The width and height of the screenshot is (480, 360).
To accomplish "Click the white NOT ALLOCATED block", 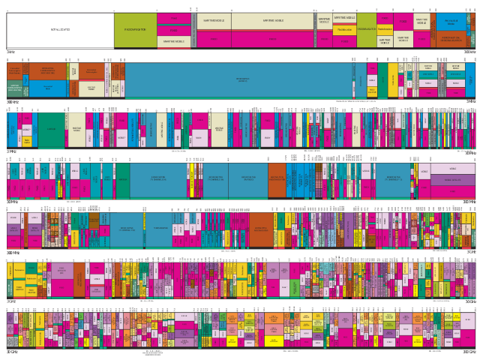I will click(x=60, y=30).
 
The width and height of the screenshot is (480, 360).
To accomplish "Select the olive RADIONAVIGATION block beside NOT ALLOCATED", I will click(x=135, y=30).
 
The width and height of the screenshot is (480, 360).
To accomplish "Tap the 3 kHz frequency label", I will click(x=10, y=52).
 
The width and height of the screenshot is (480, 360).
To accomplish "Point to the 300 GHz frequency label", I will click(x=469, y=351).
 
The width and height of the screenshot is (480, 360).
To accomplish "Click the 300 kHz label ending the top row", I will click(x=469, y=52).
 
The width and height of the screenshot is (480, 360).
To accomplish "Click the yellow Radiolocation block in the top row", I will click(x=344, y=31).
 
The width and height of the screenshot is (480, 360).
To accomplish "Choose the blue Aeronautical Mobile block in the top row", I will click(x=451, y=22).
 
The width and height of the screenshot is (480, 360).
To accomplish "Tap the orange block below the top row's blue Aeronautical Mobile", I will click(x=451, y=38).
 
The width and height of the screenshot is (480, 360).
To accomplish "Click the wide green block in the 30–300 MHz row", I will click(x=122, y=180).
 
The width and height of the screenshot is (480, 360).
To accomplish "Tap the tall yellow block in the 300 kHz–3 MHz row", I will click(x=393, y=79).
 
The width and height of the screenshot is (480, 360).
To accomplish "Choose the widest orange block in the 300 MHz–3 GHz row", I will click(x=260, y=229).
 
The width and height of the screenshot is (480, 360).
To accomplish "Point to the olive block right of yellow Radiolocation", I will click(x=366, y=29).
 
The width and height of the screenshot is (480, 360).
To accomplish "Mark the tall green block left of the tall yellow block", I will click(x=382, y=79).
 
